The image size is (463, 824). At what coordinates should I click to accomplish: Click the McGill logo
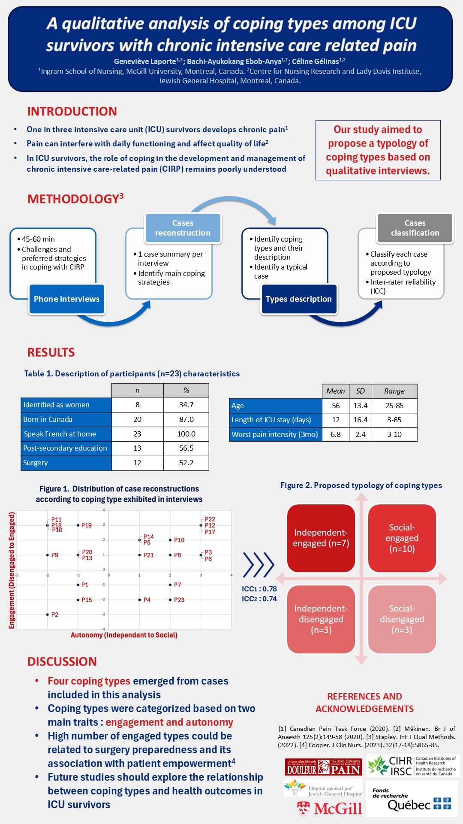pyautogui.click(x=330, y=809)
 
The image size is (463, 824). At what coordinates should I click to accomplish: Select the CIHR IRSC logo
pyautogui.click(x=412, y=766)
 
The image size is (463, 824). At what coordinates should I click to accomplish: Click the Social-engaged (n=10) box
pyautogui.click(x=402, y=538)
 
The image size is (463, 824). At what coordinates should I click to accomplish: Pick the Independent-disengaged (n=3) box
pyautogui.click(x=321, y=619)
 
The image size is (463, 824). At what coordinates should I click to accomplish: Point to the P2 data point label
pyautogui.click(x=54, y=615)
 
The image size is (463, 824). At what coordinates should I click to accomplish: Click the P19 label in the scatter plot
pyautogui.click(x=87, y=525)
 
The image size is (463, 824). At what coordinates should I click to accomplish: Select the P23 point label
pyautogui.click(x=179, y=600)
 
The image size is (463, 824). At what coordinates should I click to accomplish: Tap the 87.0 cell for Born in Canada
pyautogui.click(x=186, y=419)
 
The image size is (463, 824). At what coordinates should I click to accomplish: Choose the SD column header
pyautogui.click(x=360, y=391)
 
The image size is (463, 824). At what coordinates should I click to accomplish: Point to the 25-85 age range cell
pyautogui.click(x=394, y=406)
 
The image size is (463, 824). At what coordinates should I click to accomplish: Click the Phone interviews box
pyautogui.click(x=66, y=299)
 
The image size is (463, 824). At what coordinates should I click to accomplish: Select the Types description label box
pyautogui.click(x=298, y=299)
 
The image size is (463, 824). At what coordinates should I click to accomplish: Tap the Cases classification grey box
pyautogui.click(x=415, y=228)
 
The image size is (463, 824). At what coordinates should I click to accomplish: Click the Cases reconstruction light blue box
pyautogui.click(x=183, y=228)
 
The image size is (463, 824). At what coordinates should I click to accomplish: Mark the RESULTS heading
pyautogui.click(x=51, y=352)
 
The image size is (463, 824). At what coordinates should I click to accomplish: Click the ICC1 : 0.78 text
pyautogui.click(x=259, y=589)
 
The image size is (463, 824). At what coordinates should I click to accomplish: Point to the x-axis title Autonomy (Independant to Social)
pyautogui.click(x=124, y=635)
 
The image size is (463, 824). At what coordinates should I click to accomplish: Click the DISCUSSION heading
pyautogui.click(x=62, y=661)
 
